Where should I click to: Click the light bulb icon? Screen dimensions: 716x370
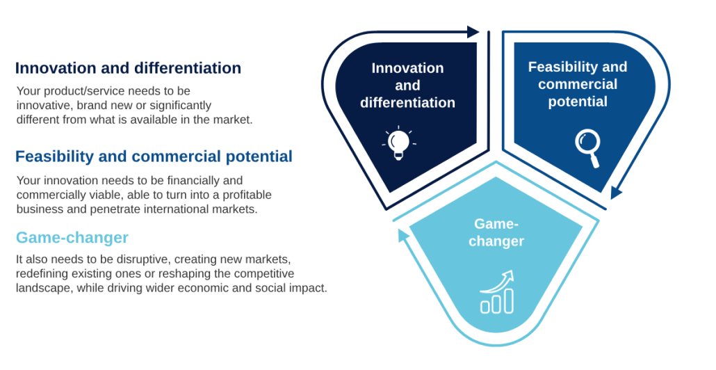(398, 143)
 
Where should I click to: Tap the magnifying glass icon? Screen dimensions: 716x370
(588, 148)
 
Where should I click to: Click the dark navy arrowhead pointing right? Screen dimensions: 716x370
(473, 32)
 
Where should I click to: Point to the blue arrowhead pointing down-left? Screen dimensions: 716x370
(616, 193)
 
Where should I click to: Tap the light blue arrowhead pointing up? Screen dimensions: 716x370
(402, 235)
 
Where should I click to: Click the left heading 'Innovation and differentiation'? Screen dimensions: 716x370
(128, 68)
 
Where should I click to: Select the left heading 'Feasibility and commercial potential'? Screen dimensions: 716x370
(154, 156)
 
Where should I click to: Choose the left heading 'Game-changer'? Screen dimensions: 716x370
(72, 238)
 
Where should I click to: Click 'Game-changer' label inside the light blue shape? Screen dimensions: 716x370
(496, 232)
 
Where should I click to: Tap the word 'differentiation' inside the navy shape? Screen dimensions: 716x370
(408, 103)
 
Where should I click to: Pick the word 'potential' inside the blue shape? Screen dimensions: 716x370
(578, 102)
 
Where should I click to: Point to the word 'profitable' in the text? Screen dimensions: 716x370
(245, 195)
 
